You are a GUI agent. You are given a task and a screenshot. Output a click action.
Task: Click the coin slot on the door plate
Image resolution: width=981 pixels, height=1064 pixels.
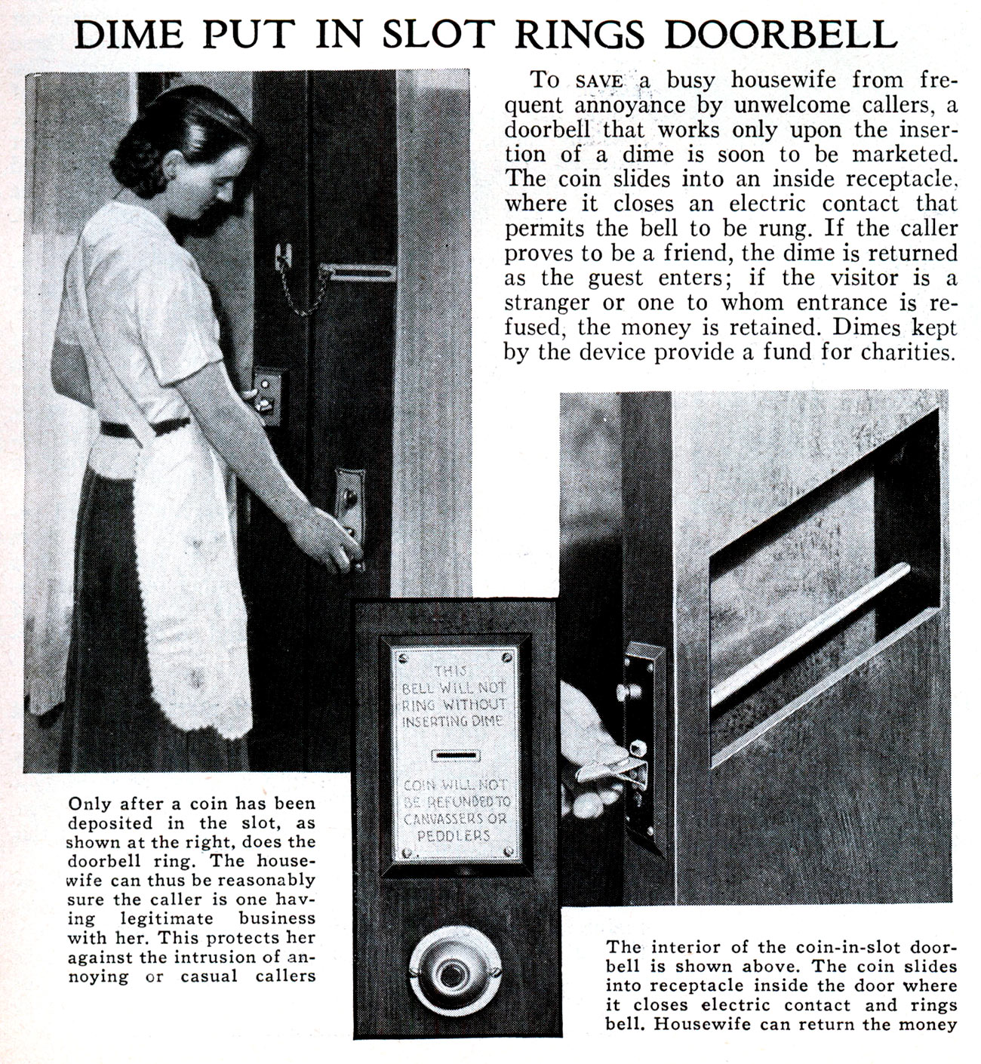[455, 755]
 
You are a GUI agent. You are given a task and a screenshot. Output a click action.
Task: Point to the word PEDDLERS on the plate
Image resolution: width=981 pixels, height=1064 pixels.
[455, 836]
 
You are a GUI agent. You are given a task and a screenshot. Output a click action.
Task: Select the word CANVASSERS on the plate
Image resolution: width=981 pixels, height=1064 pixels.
[455, 818]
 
